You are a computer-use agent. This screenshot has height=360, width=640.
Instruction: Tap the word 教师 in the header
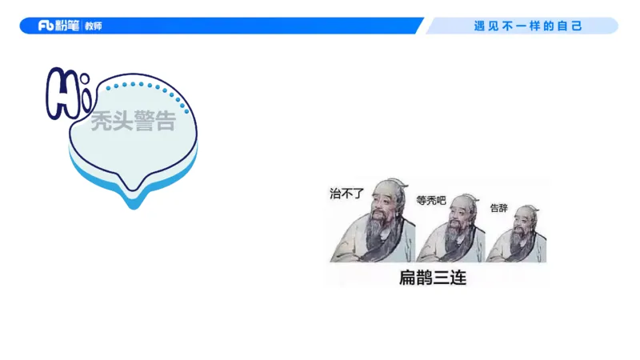(x=94, y=26)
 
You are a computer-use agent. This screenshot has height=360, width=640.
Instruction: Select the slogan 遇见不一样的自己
(x=528, y=26)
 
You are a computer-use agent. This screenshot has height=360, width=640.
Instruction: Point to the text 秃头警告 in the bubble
(x=133, y=122)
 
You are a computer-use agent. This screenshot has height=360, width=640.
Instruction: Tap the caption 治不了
(x=346, y=193)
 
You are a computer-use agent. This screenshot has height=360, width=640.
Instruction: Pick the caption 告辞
(x=498, y=208)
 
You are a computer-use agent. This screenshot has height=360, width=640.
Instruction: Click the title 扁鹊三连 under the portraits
(x=432, y=278)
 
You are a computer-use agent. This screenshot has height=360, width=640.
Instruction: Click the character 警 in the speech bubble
(x=143, y=122)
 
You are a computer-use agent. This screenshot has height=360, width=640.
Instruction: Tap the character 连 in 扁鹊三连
(x=457, y=278)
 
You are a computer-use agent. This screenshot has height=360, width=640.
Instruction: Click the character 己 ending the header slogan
(x=577, y=26)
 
